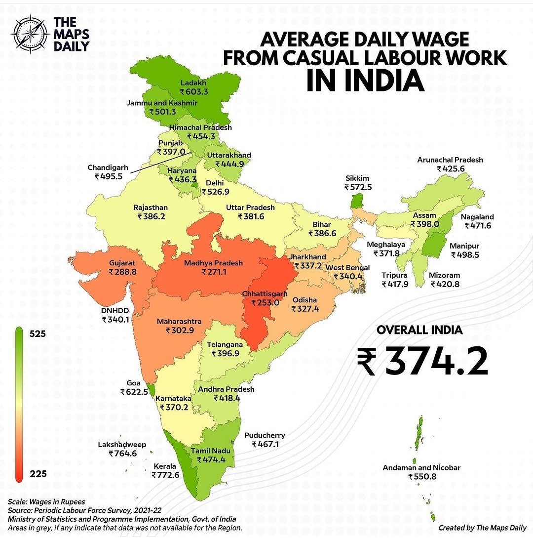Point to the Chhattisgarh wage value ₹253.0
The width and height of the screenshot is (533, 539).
click(x=265, y=303)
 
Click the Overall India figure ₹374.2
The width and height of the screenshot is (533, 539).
click(x=422, y=361)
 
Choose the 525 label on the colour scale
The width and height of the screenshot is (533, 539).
click(x=38, y=334)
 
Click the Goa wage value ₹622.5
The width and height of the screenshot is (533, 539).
click(x=134, y=392)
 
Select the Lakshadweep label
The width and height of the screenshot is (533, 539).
click(x=122, y=445)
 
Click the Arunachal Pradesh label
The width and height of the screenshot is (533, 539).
click(x=450, y=160)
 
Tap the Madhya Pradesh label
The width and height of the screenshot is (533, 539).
click(x=213, y=263)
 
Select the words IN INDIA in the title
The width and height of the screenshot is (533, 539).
click(x=365, y=81)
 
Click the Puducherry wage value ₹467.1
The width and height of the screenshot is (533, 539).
click(x=266, y=445)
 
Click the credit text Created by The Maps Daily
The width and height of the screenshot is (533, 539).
click(x=482, y=528)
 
